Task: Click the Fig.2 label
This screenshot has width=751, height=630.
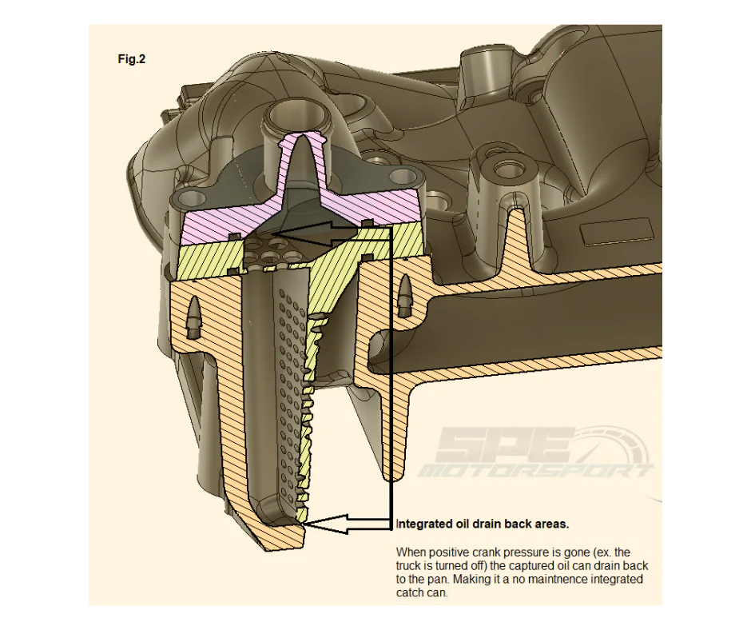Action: (x=132, y=59)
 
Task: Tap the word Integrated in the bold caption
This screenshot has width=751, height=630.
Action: (x=423, y=524)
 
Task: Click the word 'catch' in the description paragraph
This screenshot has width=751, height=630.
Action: (x=411, y=592)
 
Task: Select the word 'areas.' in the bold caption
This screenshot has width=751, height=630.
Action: (x=552, y=524)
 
